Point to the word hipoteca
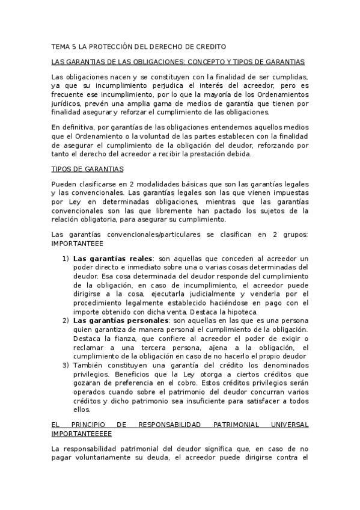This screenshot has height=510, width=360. point(241,312)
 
